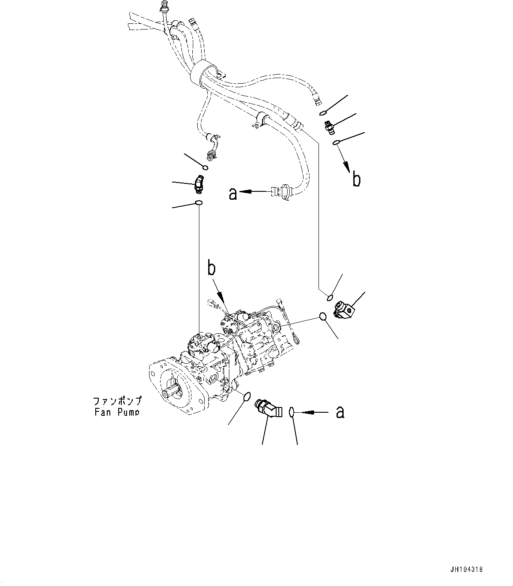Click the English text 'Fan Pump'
[x=116, y=412]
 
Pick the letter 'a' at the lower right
[x=340, y=412]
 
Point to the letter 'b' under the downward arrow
[x=356, y=179]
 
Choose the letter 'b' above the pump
[x=212, y=269]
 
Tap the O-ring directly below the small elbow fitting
[x=199, y=203]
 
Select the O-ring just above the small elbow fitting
[x=206, y=167]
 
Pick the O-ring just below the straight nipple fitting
[x=336, y=142]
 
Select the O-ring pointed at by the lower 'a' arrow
[x=291, y=412]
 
